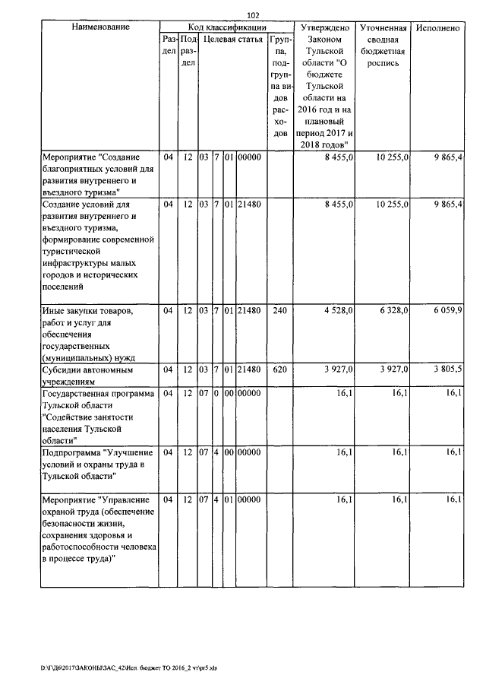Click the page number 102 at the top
pos(254,14)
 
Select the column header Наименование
pos(99,27)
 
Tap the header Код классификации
pos(226,27)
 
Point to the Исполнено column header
pos(438,28)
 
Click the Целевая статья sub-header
pos(229,40)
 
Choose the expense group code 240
pos(279,311)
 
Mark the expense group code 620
pos(279,369)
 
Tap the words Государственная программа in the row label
pos(98,393)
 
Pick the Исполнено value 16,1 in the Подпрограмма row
pos(453,452)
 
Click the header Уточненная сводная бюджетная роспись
pos(385,46)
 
